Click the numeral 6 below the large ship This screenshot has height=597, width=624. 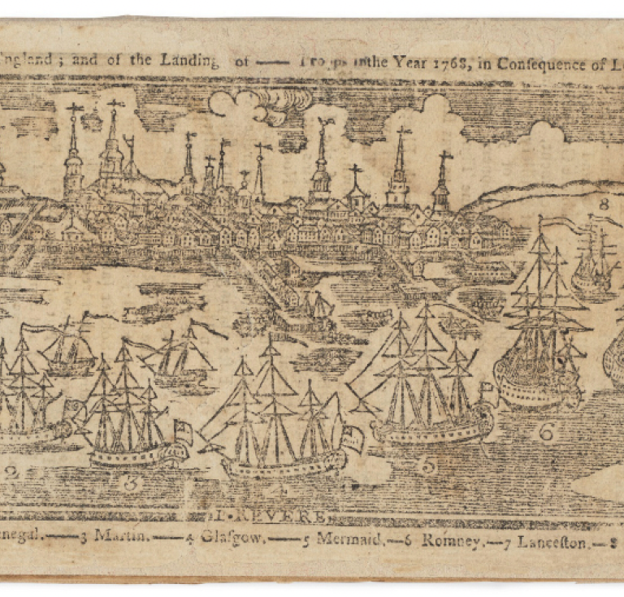(x=546, y=432)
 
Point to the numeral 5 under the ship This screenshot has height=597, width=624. (x=428, y=465)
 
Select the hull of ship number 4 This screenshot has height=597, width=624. (x=284, y=465)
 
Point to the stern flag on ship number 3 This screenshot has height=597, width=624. (x=183, y=432)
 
